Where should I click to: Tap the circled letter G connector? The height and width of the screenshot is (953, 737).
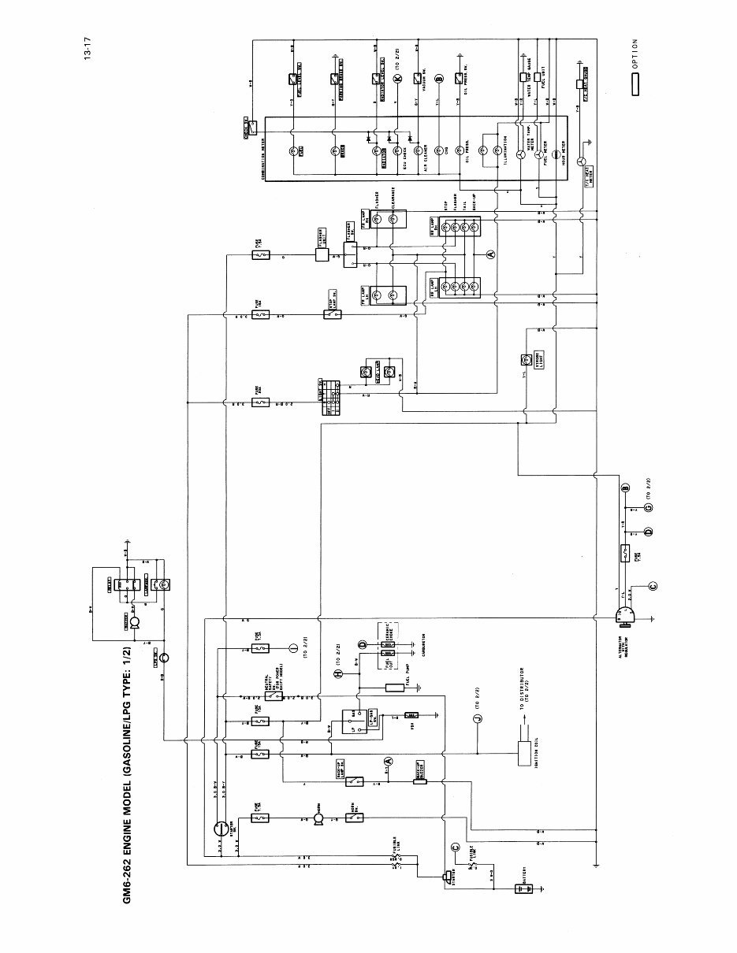click(647, 508)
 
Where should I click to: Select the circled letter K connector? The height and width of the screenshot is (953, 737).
click(397, 79)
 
